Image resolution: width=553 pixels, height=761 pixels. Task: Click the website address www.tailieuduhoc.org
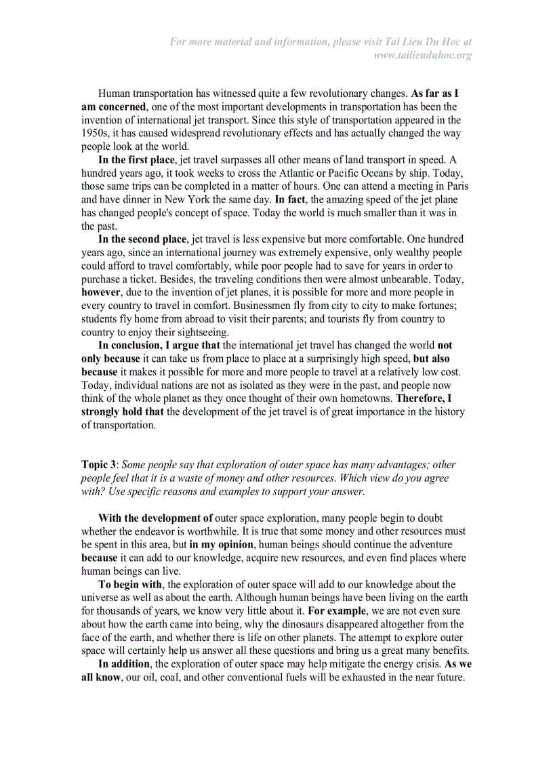422,55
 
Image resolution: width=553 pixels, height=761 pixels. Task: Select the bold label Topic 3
98,465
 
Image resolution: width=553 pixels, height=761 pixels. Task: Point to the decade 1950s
96,133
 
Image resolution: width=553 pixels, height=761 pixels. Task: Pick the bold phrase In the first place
136,160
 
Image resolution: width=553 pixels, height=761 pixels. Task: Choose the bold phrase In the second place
142,239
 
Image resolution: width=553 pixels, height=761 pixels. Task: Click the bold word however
100,292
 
